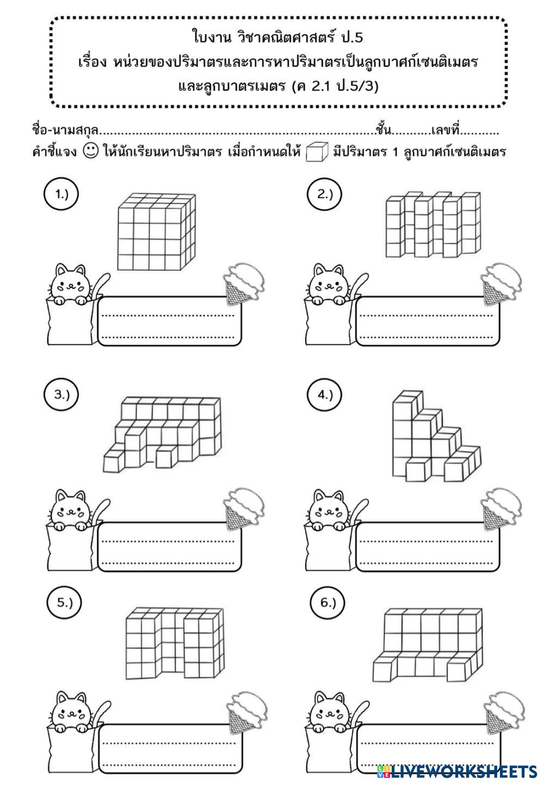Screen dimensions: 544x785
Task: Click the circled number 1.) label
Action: point(61,194)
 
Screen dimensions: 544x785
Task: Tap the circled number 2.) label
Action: point(324,194)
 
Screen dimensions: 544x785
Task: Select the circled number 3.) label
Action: point(61,395)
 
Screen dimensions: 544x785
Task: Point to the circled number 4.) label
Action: point(324,395)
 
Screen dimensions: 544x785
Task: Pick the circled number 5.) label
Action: point(65,602)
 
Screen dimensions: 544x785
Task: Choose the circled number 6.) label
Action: point(327,602)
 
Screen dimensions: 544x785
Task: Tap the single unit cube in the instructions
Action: point(317,151)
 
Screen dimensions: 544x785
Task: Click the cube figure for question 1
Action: point(156,232)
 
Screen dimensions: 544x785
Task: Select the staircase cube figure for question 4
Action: point(436,435)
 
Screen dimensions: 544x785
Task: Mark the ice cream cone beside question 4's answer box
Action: point(500,509)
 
